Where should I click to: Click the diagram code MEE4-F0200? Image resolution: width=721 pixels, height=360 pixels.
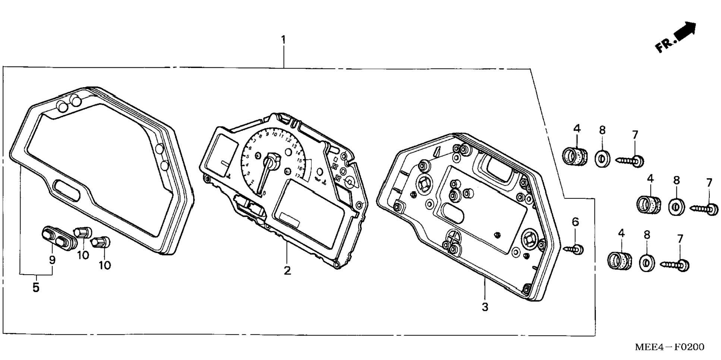(669, 347)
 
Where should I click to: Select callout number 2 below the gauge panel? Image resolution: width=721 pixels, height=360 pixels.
(287, 270)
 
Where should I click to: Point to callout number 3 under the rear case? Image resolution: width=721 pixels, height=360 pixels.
(485, 307)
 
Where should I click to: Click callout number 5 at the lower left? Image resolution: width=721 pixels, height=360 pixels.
(36, 288)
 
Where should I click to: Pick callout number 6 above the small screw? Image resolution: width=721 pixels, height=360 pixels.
(575, 222)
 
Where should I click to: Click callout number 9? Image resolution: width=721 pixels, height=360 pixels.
(52, 260)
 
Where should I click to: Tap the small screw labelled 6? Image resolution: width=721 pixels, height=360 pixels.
(574, 248)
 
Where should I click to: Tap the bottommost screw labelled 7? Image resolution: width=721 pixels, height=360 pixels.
(675, 265)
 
